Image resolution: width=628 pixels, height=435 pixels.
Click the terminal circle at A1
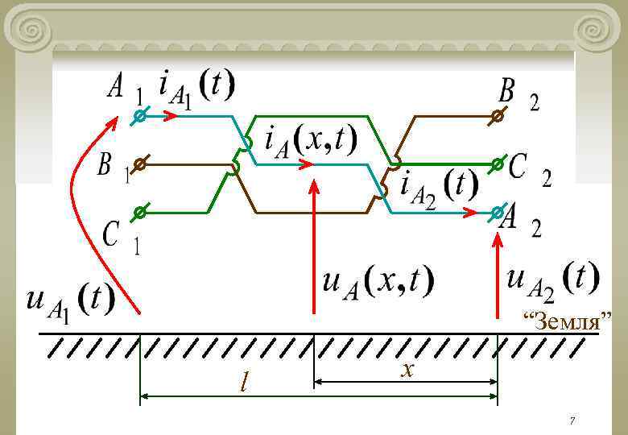tap(139, 116)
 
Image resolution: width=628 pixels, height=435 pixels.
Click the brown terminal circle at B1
tap(139, 164)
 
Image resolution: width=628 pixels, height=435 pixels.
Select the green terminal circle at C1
tap(139, 213)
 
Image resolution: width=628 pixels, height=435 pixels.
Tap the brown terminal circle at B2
tap(498, 116)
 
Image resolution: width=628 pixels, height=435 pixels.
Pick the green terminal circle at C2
tap(498, 164)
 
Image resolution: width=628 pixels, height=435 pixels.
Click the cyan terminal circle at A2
tap(498, 213)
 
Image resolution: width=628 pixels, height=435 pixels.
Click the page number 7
tap(572, 421)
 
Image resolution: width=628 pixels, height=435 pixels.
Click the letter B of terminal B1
tap(105, 166)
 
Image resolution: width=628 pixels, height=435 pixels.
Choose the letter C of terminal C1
tap(113, 234)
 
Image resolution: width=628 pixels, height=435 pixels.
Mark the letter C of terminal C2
tap(519, 168)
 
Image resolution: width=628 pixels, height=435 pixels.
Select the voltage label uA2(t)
tap(553, 279)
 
